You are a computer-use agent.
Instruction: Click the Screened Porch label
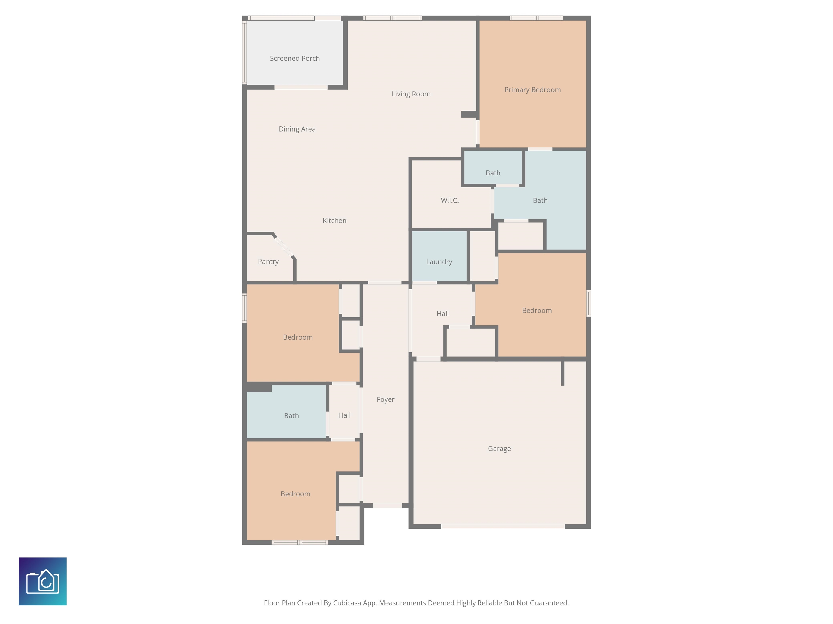tap(294, 58)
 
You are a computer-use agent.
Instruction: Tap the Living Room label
tap(411, 94)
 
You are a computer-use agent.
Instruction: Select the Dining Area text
tap(297, 129)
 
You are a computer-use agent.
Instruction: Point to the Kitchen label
tap(334, 220)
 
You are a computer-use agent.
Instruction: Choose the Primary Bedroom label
tap(533, 90)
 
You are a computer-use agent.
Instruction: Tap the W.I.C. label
tap(450, 200)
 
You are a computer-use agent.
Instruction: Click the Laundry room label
tap(439, 262)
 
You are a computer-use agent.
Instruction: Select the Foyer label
tap(385, 399)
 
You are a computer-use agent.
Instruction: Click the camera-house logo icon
tap(43, 581)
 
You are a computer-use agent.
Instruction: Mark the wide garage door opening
tap(503, 526)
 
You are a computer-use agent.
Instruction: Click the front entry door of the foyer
tap(387, 506)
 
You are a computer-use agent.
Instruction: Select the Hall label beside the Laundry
tap(443, 313)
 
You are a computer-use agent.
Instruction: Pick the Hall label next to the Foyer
tap(344, 415)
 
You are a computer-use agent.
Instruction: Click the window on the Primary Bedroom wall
tap(536, 18)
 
